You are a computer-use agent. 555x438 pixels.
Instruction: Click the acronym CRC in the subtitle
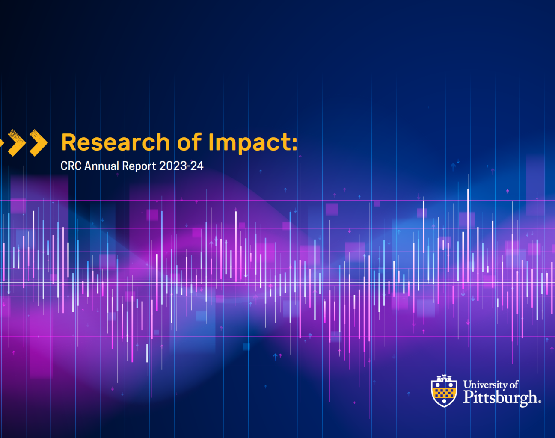(x=71, y=166)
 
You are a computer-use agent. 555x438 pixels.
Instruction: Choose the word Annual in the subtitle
(x=101, y=166)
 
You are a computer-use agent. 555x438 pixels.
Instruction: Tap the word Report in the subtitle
(x=139, y=166)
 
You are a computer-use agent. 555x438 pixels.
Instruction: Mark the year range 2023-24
(x=181, y=166)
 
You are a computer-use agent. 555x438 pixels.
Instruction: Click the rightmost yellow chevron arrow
(x=39, y=142)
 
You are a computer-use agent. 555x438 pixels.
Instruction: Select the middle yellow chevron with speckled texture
(x=17, y=142)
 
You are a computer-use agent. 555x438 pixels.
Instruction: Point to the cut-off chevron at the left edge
(x=2, y=142)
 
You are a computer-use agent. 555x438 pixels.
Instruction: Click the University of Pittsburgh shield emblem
(x=444, y=391)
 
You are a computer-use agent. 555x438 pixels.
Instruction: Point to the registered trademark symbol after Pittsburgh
(x=540, y=401)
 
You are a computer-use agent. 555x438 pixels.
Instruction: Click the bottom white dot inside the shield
(x=444, y=401)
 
